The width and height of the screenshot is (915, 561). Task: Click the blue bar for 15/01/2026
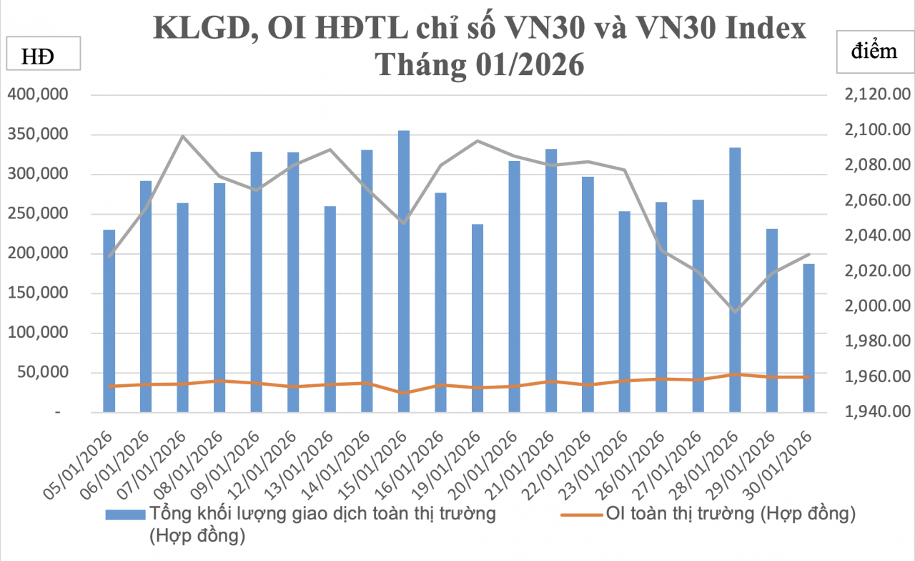[x=404, y=272]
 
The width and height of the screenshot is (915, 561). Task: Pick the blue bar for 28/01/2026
[x=735, y=280]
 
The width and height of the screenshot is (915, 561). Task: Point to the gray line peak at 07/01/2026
[x=183, y=136]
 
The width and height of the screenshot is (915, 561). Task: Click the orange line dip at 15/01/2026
[x=404, y=393]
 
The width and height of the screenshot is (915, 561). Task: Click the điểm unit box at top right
[x=874, y=52]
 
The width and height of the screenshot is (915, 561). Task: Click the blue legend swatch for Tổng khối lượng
[x=125, y=514]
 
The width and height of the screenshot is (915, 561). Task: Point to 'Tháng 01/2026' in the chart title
[x=480, y=64]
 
